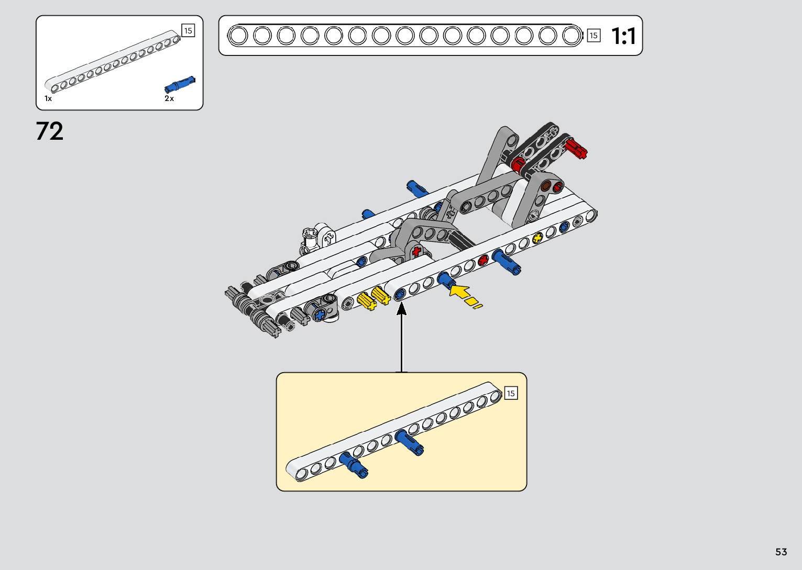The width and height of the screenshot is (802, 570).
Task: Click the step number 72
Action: coord(50,131)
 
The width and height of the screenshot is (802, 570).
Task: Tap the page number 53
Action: coord(781,552)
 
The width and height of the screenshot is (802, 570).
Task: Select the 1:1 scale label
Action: coord(623,36)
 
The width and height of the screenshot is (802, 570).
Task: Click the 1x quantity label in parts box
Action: coord(48,98)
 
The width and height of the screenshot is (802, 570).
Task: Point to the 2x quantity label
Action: coord(169,98)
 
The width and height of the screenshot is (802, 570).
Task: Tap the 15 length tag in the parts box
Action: coord(188,31)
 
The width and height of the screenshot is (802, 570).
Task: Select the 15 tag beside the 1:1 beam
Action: coord(593,36)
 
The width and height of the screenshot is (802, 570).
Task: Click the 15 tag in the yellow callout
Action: coord(511,393)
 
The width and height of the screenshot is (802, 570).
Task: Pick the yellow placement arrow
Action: coord(461,292)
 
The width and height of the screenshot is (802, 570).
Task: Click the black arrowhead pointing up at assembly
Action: coord(402,309)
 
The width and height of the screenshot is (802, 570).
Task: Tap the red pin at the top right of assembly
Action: coord(577,148)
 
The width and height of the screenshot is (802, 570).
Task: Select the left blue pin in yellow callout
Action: coord(354,465)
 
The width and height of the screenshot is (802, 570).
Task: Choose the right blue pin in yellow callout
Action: coord(410,442)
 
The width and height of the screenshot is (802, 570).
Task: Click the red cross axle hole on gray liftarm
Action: coord(416,251)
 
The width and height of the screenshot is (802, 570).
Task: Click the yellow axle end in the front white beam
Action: coord(537,239)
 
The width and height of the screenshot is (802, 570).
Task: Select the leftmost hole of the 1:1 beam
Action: coord(238,36)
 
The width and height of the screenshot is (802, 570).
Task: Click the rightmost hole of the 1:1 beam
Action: coord(571,36)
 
